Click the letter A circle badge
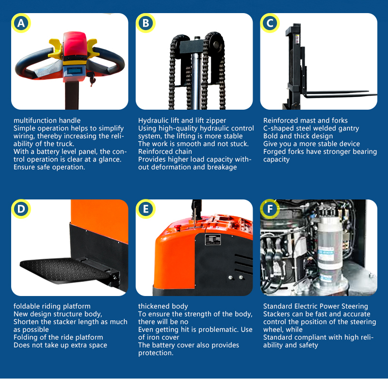click(21, 23)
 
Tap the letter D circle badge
click(21, 209)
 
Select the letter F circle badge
click(270, 209)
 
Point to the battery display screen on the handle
click(75, 70)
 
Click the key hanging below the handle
click(92, 78)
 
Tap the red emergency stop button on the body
click(177, 227)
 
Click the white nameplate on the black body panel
click(213, 240)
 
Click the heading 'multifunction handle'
click(47, 120)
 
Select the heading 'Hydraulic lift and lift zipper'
click(182, 120)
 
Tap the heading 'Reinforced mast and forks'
click(306, 120)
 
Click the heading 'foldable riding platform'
click(52, 306)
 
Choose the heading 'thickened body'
click(163, 306)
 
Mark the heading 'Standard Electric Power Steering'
click(316, 306)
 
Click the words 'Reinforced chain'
click(165, 151)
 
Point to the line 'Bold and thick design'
click(298, 136)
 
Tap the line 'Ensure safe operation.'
click(49, 167)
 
